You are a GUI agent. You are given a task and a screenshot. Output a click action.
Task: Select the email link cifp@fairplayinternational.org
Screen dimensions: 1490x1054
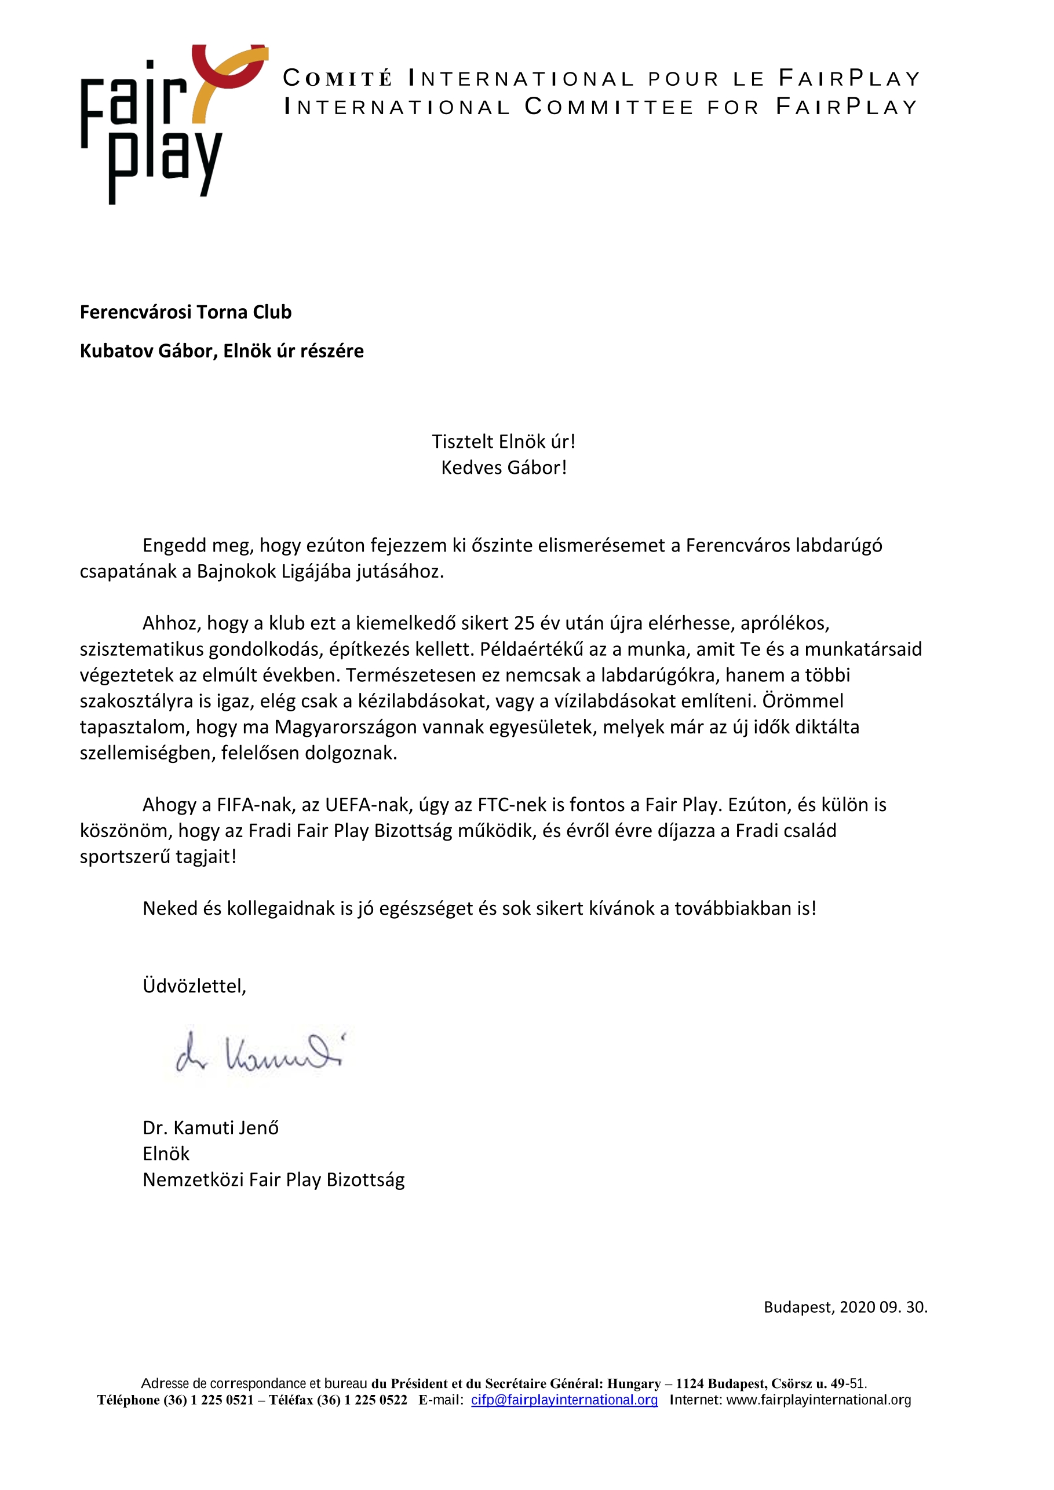[x=564, y=1400]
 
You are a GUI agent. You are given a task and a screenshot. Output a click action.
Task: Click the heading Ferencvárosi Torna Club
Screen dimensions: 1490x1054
[x=185, y=312]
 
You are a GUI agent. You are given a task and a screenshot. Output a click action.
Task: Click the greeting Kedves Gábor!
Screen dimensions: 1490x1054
[x=504, y=468]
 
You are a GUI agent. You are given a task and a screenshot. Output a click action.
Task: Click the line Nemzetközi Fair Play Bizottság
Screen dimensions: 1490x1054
[x=273, y=1180]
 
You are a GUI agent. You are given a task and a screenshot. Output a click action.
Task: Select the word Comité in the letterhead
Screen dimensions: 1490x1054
[x=338, y=79]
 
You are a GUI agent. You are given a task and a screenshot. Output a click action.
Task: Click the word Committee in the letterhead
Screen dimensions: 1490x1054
[x=610, y=107]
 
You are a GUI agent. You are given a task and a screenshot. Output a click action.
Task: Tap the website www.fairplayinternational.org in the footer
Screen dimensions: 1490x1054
[x=818, y=1400]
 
